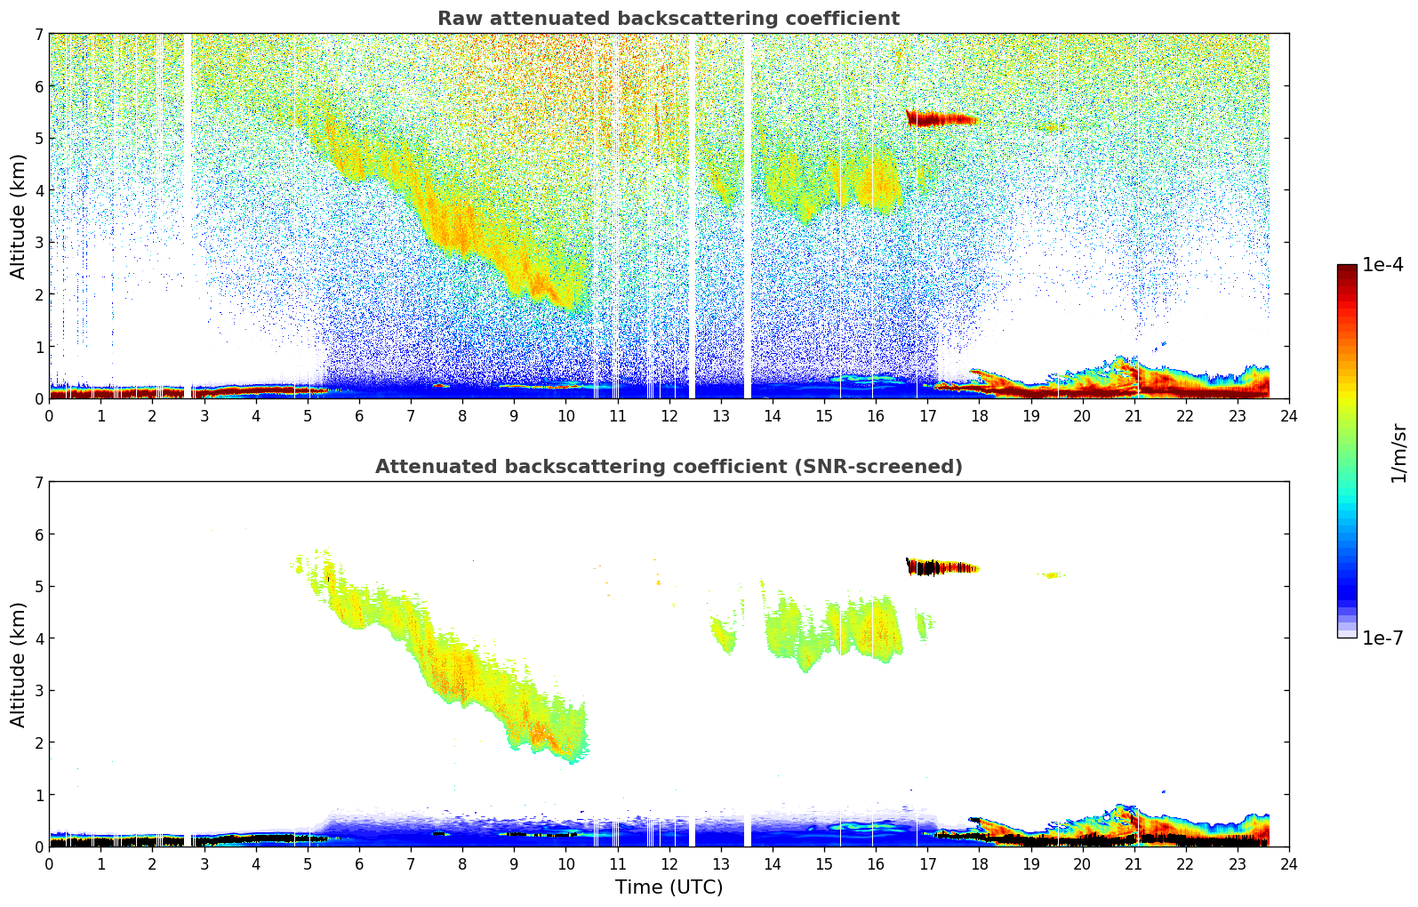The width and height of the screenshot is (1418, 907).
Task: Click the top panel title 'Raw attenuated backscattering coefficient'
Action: [668, 19]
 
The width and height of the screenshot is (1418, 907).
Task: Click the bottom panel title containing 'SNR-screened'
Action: [668, 467]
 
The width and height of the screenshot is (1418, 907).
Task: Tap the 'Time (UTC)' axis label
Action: [669, 887]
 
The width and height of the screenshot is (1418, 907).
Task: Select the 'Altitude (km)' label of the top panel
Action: [18, 216]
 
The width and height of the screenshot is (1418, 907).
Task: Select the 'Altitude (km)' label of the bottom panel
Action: [18, 664]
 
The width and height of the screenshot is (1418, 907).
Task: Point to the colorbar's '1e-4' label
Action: [1382, 265]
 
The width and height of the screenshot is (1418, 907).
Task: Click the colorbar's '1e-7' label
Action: [1382, 638]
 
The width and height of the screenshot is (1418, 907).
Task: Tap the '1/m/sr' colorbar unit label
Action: [1398, 453]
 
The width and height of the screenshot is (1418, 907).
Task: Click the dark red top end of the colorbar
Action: [1347, 269]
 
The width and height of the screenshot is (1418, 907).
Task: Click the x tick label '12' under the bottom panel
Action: [669, 863]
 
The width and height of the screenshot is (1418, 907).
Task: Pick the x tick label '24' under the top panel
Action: [1288, 415]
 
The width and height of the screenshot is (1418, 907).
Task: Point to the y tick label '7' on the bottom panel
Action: [38, 483]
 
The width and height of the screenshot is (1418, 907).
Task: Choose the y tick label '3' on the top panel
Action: [38, 243]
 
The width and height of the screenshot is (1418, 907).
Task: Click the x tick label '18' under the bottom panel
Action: [979, 863]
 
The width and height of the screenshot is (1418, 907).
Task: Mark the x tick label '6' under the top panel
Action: [359, 415]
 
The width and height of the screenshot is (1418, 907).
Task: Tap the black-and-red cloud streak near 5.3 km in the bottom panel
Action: [938, 566]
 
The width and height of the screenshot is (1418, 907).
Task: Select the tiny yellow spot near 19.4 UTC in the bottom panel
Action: [1053, 575]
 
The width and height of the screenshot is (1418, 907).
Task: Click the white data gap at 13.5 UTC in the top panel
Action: [747, 213]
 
